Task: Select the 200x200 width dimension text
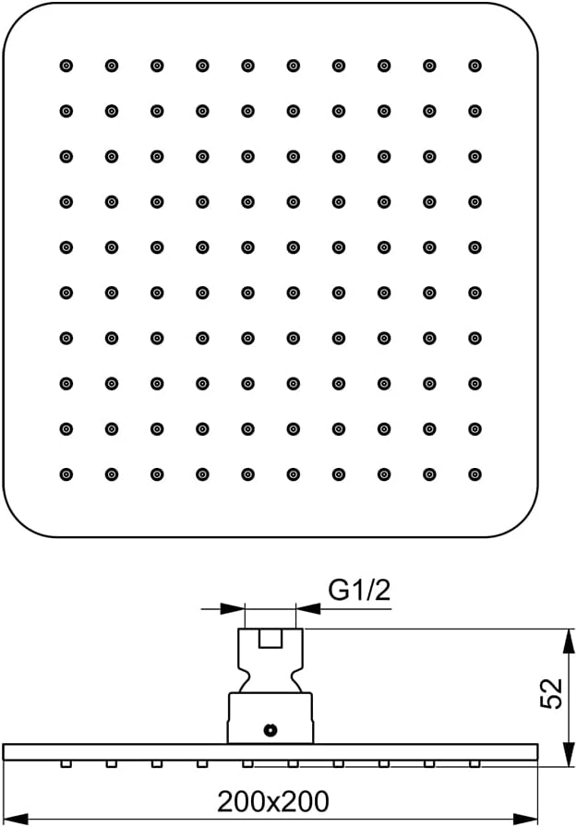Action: (x=272, y=802)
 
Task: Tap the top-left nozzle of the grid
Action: (x=66, y=66)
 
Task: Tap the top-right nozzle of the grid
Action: (x=475, y=66)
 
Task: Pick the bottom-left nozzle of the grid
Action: (x=66, y=474)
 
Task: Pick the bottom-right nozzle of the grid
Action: (x=475, y=474)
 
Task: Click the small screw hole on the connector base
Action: (x=270, y=730)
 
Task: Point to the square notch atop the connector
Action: (x=270, y=638)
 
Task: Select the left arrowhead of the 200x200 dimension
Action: (x=16, y=819)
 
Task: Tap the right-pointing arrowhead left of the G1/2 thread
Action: (x=233, y=608)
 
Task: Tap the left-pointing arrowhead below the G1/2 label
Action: (x=308, y=608)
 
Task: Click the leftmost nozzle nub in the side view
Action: (x=66, y=763)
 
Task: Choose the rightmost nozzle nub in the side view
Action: (x=475, y=763)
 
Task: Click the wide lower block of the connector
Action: (x=270, y=718)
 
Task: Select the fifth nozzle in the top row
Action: (x=248, y=66)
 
